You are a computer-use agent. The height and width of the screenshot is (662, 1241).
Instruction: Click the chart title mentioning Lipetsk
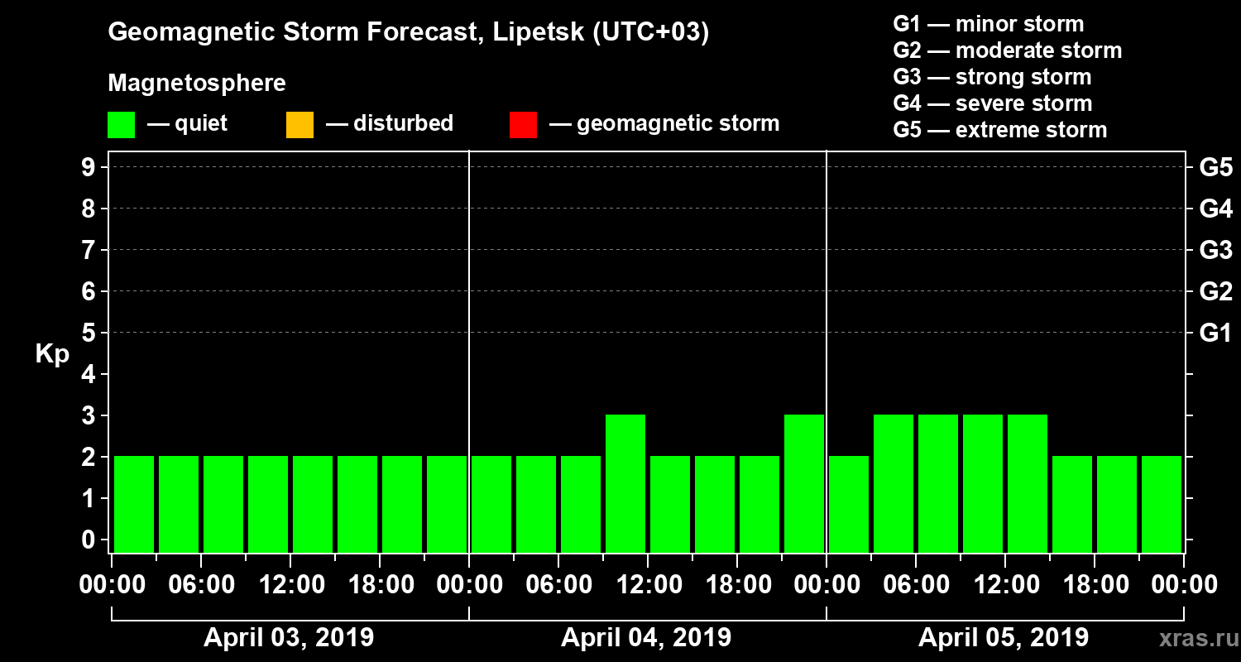click(409, 33)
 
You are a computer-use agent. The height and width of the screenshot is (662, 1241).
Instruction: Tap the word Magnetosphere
click(197, 84)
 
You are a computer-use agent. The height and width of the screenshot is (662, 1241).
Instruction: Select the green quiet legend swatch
click(121, 125)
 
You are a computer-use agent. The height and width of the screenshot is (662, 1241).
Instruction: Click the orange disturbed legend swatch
click(299, 125)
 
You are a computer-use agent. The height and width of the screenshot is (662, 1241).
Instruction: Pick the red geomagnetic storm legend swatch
click(523, 125)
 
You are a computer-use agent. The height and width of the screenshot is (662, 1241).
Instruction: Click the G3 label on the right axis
click(1215, 250)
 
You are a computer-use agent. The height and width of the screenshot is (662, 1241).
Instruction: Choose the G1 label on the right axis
click(1215, 333)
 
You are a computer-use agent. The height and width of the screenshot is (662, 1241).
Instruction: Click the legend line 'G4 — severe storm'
click(992, 104)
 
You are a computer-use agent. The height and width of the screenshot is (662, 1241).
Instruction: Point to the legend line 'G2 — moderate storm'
click(1007, 51)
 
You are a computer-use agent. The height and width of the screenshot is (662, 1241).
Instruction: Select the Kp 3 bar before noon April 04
click(625, 482)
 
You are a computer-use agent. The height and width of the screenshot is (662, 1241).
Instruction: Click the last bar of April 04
click(804, 482)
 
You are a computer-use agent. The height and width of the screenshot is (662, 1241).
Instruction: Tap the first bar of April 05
click(849, 503)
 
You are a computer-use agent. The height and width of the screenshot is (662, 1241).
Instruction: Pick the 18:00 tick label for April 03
click(381, 585)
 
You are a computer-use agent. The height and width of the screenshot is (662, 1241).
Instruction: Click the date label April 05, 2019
click(1004, 638)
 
